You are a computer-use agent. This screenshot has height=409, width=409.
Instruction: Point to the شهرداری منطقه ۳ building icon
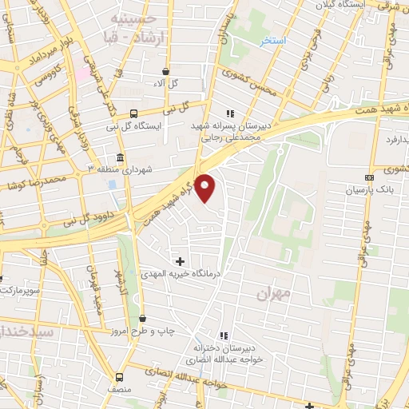click(x=120, y=157)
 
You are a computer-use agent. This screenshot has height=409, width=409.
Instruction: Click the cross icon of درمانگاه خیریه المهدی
click(x=180, y=261)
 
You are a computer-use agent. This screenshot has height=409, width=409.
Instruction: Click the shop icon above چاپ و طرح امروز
click(x=142, y=319)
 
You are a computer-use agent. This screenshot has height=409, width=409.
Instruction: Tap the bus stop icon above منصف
click(x=119, y=377)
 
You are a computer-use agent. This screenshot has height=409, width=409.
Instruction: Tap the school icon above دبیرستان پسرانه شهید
click(x=231, y=113)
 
